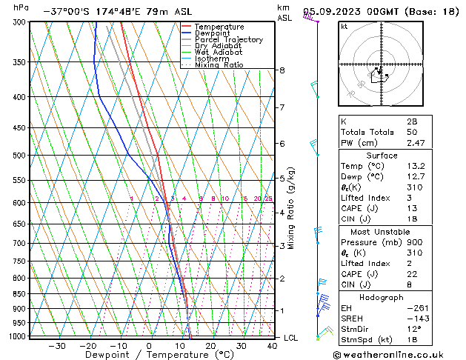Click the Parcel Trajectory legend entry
pos(228,39)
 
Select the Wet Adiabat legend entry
pos(218,52)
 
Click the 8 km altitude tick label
pos(282,70)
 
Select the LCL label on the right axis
pos(292,338)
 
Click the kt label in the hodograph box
pos(344,27)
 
